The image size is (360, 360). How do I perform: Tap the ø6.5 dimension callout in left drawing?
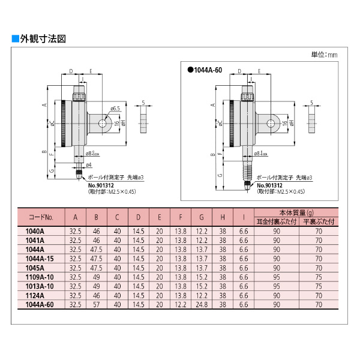point(115,109)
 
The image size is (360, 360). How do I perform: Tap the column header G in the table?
point(202,217)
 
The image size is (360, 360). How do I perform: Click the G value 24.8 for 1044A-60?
point(202,305)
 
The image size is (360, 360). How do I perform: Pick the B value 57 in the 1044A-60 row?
point(95,305)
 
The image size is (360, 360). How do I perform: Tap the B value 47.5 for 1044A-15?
point(95,259)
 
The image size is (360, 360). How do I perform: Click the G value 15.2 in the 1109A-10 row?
point(202,278)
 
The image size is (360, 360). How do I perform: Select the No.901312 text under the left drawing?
point(102,185)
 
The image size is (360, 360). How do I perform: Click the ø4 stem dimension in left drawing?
point(88,164)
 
